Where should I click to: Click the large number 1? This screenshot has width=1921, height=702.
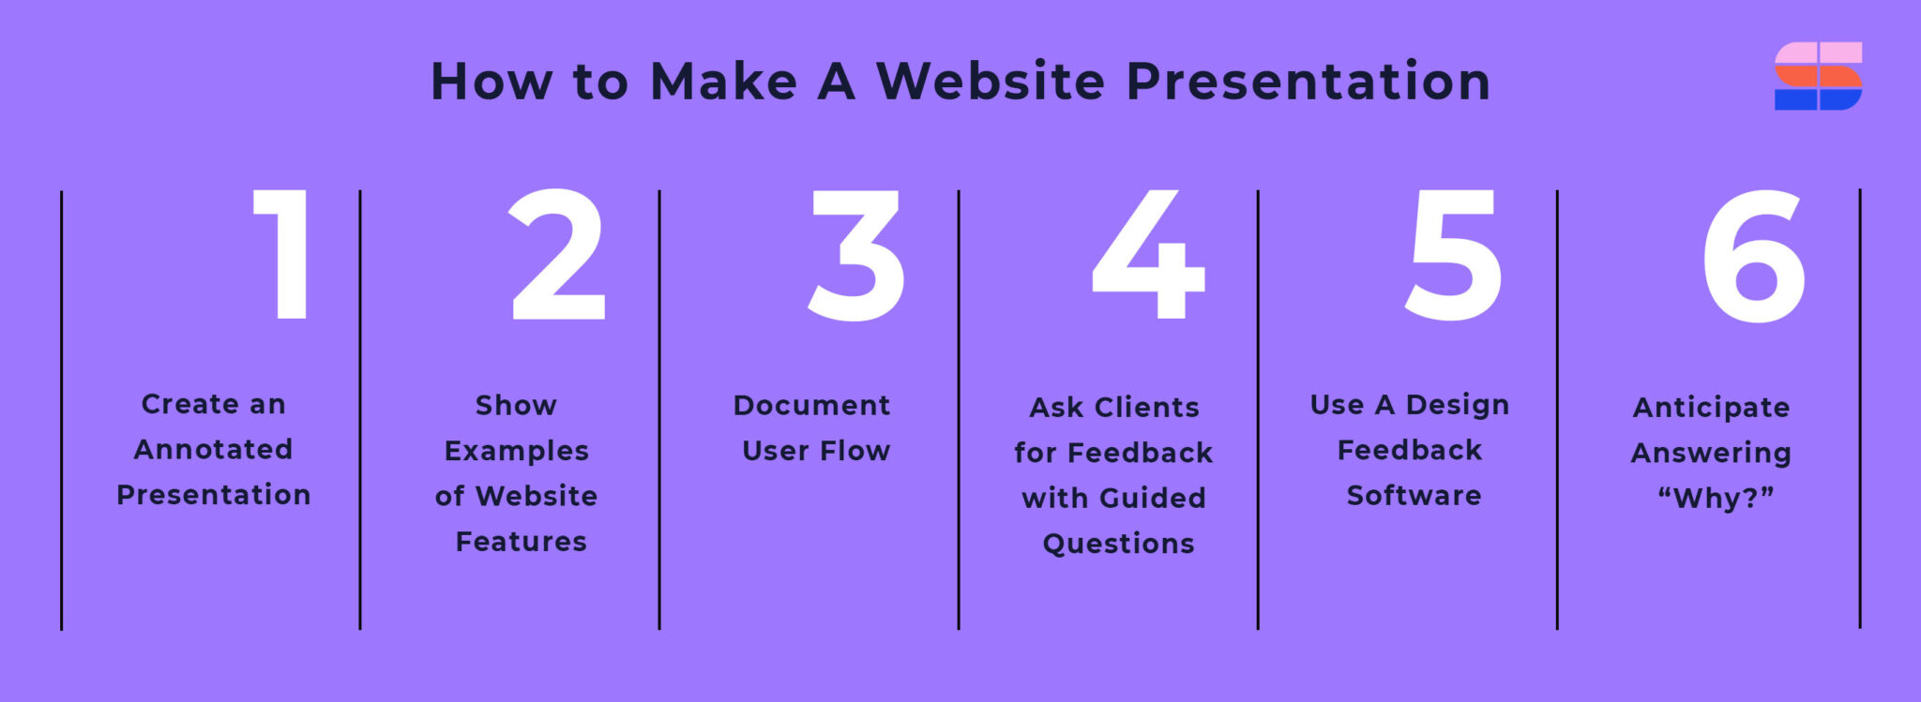coord(287,255)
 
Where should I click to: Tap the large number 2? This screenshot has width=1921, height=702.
coord(557,255)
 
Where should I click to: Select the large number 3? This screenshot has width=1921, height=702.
coord(856,255)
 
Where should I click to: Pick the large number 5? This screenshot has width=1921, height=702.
coord(1453,255)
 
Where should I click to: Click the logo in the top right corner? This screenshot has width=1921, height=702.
coord(1818,76)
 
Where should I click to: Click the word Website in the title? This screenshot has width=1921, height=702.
coord(991,82)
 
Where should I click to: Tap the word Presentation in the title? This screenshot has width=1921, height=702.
coord(1308,82)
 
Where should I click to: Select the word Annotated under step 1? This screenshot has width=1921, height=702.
coord(214,450)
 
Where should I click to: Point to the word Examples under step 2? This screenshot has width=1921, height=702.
coord(517,452)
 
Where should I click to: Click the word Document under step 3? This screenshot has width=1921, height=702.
coord(811,406)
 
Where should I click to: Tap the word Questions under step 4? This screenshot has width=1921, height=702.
coord(1119,545)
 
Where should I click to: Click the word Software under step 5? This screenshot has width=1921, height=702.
coord(1414,496)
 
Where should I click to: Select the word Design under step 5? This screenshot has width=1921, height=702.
coord(1458,405)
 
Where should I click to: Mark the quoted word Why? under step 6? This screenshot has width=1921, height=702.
coord(1716,499)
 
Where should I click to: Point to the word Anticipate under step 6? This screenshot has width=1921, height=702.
coord(1712,408)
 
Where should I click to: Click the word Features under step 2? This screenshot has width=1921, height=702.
coord(522,542)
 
